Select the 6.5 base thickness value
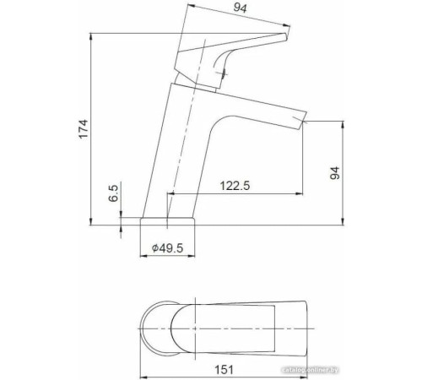113,197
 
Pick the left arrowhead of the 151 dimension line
140,355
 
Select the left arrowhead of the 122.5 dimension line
170,194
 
